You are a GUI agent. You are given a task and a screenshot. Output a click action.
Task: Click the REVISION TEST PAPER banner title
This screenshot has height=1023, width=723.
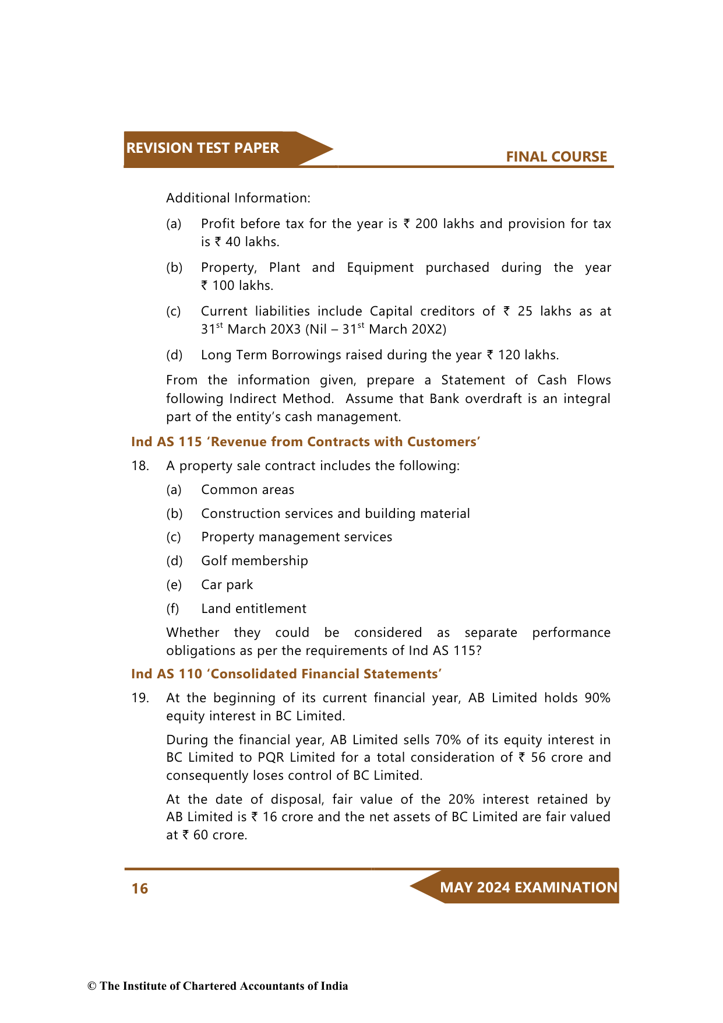click(x=202, y=148)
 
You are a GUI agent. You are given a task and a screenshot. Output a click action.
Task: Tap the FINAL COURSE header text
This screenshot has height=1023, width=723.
click(x=556, y=157)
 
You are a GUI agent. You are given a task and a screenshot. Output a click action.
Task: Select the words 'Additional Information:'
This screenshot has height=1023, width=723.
click(x=238, y=198)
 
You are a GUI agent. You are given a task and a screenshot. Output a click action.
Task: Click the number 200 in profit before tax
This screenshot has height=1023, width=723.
click(x=426, y=224)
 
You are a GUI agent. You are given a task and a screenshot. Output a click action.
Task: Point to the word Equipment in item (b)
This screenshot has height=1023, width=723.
click(x=380, y=268)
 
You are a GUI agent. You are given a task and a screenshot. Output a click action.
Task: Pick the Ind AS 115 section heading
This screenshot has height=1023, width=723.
click(x=305, y=442)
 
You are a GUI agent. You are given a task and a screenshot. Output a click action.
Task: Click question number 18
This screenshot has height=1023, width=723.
click(x=140, y=466)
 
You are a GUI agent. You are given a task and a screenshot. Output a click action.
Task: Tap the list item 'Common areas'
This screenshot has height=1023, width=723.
click(x=248, y=490)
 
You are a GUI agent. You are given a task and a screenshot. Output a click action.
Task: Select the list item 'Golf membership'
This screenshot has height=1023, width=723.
click(x=254, y=561)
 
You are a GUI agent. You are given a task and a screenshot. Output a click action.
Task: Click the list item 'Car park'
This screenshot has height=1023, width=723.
click(x=227, y=585)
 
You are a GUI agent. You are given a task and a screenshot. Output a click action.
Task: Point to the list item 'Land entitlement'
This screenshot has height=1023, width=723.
click(x=253, y=609)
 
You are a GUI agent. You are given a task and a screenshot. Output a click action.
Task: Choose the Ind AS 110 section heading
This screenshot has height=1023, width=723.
click(x=286, y=674)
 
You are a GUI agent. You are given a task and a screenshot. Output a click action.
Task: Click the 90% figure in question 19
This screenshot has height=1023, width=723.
click(x=597, y=698)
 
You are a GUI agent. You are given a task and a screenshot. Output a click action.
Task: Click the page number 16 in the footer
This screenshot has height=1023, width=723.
click(x=140, y=888)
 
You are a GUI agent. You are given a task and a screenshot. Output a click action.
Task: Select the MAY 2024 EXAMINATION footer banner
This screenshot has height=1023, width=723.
click(x=528, y=888)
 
